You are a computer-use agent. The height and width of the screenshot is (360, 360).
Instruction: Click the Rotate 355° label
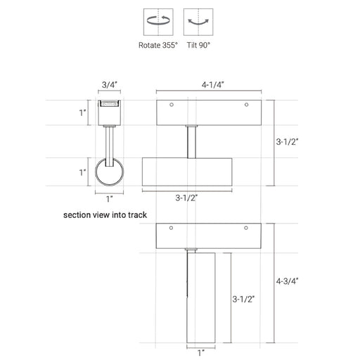point(158,45)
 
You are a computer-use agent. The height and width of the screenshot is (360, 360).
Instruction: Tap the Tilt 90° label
point(198,45)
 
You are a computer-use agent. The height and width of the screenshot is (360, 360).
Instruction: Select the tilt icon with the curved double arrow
point(198,22)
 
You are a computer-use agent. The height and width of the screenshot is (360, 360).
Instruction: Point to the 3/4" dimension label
point(110,85)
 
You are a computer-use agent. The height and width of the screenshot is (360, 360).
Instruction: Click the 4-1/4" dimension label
point(213,85)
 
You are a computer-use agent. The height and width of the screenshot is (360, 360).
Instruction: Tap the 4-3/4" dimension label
point(287,281)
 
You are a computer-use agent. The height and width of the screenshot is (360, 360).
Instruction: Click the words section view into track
point(105,215)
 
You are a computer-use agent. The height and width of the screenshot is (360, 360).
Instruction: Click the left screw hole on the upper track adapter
point(172,105)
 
